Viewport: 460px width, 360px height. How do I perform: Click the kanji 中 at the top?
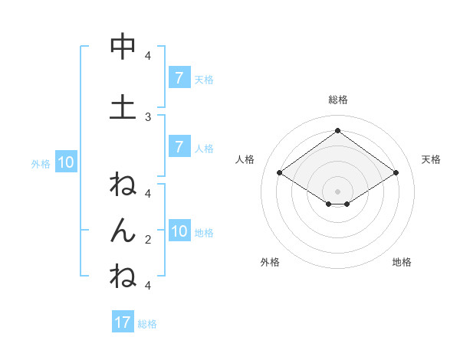[x=123, y=47]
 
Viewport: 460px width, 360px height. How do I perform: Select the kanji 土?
[x=123, y=108]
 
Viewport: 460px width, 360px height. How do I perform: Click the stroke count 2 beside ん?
[x=148, y=239]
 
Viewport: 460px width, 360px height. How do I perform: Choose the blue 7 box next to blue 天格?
[x=179, y=78]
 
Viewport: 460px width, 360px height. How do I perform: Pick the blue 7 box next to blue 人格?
[x=179, y=147]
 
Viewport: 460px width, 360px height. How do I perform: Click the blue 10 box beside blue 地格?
[x=179, y=231]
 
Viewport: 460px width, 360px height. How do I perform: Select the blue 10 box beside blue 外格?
[x=65, y=162]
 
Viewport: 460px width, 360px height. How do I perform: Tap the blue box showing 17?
[x=123, y=322]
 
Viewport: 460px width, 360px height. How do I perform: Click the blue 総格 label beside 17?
[x=147, y=323]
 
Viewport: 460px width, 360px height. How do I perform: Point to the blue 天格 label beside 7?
[x=204, y=79]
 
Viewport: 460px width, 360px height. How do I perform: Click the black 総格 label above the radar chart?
[x=337, y=100]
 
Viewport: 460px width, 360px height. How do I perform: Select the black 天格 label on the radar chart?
[x=431, y=159]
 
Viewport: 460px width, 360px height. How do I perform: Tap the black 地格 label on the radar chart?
[x=402, y=262]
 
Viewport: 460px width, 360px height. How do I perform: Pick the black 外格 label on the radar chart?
[x=270, y=262]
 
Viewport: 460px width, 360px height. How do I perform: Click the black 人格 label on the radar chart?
[x=245, y=159]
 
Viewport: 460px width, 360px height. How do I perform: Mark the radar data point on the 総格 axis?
[x=337, y=130]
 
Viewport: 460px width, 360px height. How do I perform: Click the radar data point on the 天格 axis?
[x=396, y=173]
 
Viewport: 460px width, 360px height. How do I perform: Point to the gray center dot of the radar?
[x=337, y=191]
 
